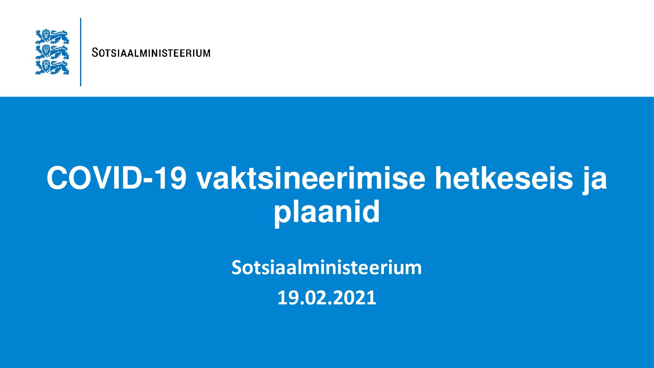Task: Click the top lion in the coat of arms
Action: (x=52, y=36)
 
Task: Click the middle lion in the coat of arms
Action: (x=52, y=52)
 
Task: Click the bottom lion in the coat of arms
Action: (x=52, y=67)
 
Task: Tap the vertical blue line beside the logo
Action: (x=80, y=52)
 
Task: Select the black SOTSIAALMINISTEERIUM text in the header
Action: (x=151, y=53)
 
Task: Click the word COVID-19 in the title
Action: (x=116, y=178)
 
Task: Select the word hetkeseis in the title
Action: (x=504, y=178)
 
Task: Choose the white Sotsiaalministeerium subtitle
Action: (x=327, y=267)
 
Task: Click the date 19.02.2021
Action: (x=327, y=298)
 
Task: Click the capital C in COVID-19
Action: (x=57, y=178)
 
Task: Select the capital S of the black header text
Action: (x=95, y=53)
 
